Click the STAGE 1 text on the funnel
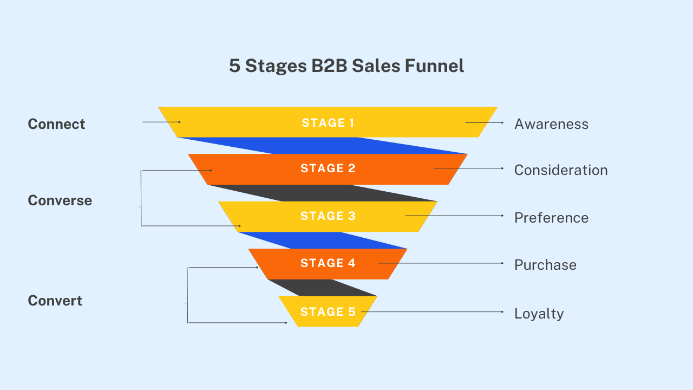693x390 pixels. (328, 123)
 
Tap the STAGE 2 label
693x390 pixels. (328, 168)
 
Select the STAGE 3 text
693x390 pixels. (328, 216)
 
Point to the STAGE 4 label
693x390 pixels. (328, 263)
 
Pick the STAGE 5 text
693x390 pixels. (328, 312)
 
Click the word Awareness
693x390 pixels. (551, 124)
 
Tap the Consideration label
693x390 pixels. (561, 170)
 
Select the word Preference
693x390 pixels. (551, 218)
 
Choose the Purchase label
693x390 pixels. (545, 265)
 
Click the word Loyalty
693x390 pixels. (539, 314)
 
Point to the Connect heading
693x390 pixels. (56, 124)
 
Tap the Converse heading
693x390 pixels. (60, 200)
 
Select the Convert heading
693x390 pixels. (55, 301)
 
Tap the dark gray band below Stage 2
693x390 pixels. (325, 193)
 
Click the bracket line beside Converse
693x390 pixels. (141, 198)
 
